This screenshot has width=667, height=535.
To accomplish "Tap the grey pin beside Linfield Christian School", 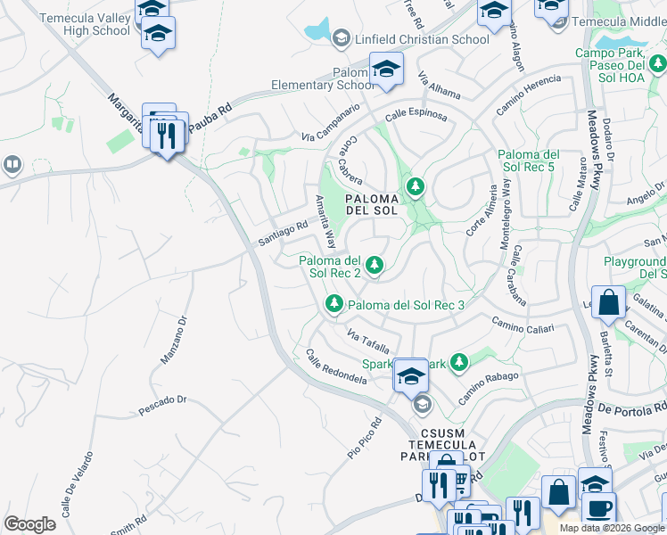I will pos(341,38).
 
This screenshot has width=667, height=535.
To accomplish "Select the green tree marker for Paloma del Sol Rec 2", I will pos(375,263).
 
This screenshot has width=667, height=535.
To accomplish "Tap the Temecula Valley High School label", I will pos(86,23).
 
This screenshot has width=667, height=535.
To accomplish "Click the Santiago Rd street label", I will pos(283,235).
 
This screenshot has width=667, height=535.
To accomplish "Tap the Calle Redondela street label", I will pos(336,366).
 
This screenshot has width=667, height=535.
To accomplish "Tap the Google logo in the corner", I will pos(29,523).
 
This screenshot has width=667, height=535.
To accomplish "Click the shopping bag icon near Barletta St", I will pos(609,303).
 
